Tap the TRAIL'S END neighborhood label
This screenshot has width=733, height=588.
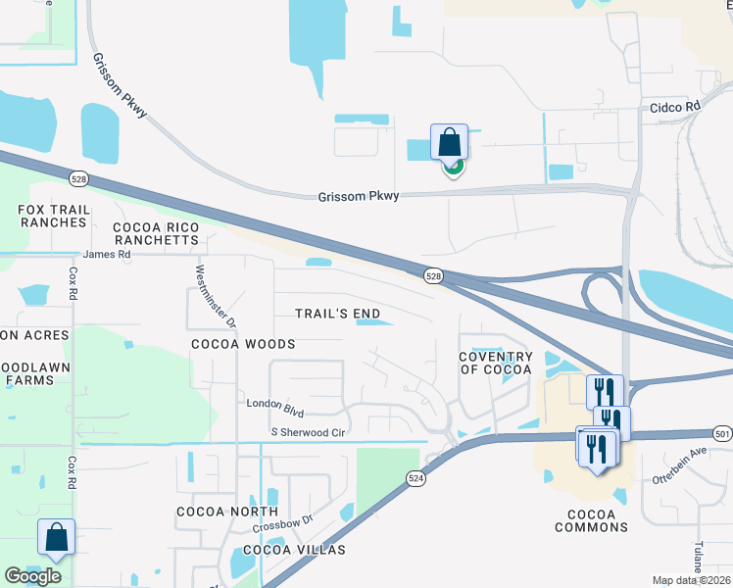click(338, 314)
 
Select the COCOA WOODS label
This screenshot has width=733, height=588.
click(243, 344)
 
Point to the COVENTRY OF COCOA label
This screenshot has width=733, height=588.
click(496, 363)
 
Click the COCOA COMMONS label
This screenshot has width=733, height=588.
click(591, 520)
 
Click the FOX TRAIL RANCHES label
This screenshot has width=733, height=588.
click(52, 216)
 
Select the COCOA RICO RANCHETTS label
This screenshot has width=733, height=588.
click(157, 233)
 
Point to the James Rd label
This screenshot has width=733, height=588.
click(107, 254)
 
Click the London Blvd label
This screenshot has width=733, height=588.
click(276, 404)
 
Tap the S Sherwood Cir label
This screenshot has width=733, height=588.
click(309, 432)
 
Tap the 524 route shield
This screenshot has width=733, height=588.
click(416, 477)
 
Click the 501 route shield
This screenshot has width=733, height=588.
click(722, 432)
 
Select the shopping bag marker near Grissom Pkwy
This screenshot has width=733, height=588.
click(449, 142)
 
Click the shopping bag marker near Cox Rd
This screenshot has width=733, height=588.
click(57, 537)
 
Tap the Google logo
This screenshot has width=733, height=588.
click(33, 576)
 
